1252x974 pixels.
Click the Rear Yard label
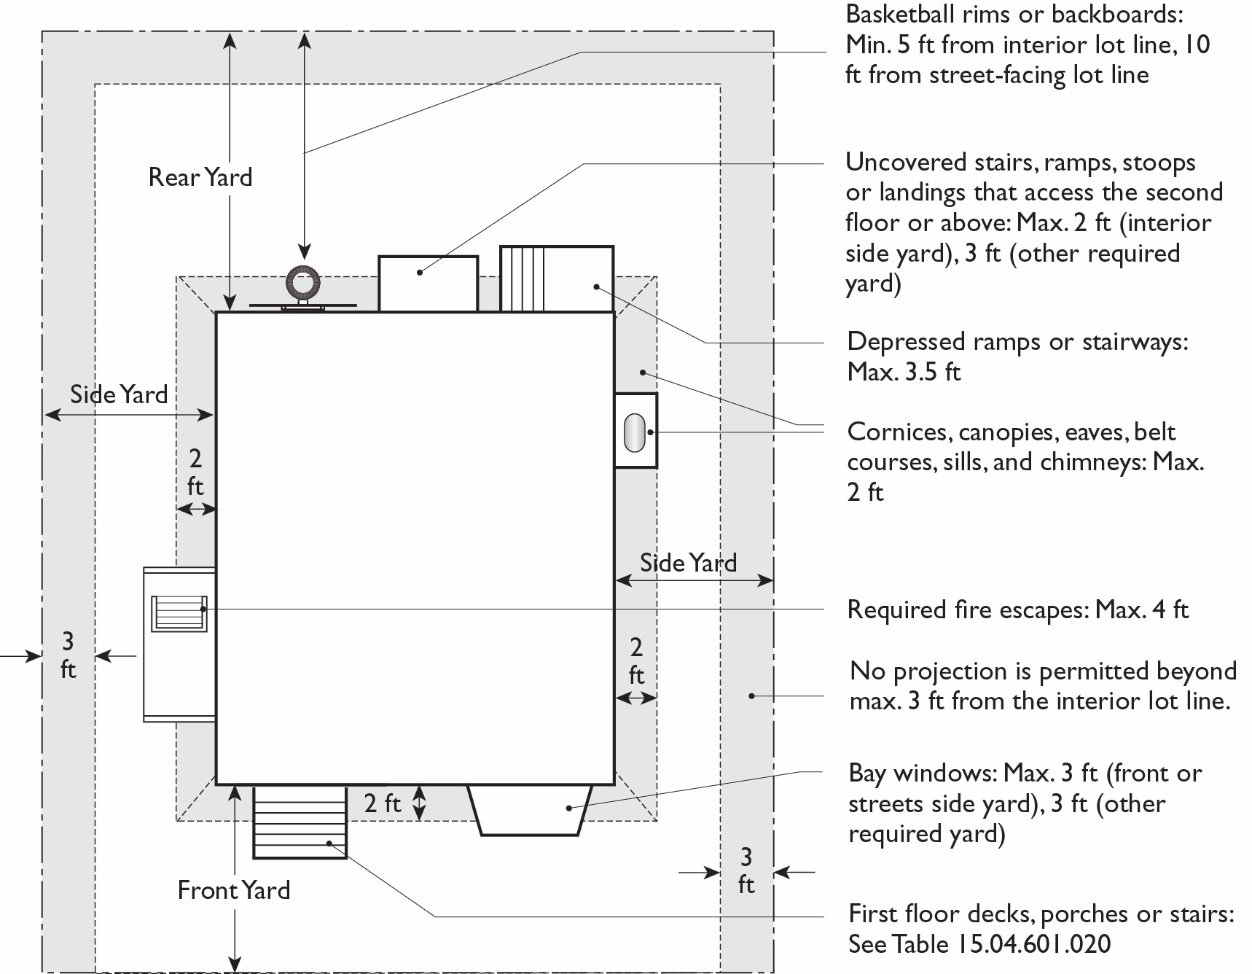pos(200,177)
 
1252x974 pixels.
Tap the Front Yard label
pos(234,890)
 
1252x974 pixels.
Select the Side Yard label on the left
pos(119,394)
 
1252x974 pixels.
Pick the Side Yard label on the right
pos(688,563)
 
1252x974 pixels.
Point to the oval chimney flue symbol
pos(635,432)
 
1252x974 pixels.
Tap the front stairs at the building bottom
pos(300,822)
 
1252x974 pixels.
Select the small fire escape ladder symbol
pos(179,613)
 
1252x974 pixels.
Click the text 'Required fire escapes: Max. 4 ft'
pos(1017,609)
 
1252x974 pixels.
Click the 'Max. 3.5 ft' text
pos(904,372)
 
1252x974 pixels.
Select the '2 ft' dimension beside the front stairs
pos(383,803)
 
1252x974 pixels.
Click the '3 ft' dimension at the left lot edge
pos(68,655)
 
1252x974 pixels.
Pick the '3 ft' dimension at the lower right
pos(746,870)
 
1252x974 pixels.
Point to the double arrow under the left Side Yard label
pos(129,416)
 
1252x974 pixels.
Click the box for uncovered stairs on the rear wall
pos(429,284)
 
